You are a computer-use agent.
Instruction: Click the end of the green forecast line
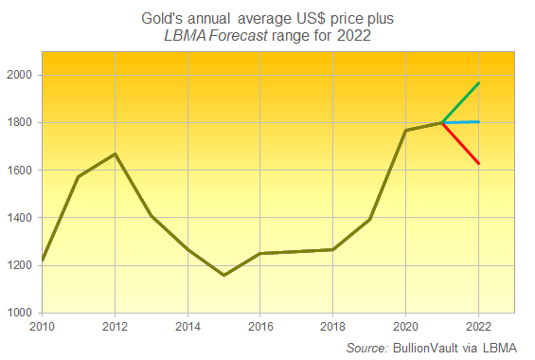pos(478,83)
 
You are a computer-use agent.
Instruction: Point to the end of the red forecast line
pos(478,164)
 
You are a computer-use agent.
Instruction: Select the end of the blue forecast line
pos(478,121)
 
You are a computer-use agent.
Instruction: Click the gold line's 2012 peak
pos(116,153)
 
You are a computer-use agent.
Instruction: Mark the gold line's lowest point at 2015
pos(224,275)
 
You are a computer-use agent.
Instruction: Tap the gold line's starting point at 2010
pos(43,260)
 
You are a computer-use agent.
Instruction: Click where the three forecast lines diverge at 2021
pos(442,122)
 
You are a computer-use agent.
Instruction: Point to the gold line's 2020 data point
pos(405,131)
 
